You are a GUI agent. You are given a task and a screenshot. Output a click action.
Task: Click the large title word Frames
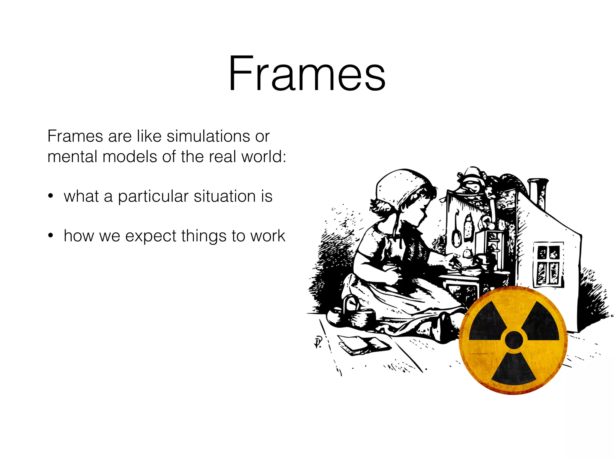click(307, 74)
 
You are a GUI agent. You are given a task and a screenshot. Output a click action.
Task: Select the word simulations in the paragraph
click(209, 136)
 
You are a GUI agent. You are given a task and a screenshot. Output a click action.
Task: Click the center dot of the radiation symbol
click(514, 340)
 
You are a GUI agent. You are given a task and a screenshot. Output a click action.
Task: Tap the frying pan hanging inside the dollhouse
click(456, 234)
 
